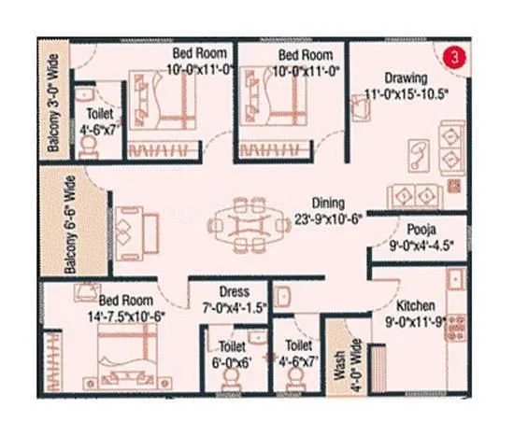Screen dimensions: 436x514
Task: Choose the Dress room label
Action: point(234,290)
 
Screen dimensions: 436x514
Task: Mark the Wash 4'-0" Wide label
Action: point(340,368)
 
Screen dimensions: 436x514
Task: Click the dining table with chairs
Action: point(246,224)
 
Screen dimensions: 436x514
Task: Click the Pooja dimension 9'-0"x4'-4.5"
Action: point(421,248)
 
